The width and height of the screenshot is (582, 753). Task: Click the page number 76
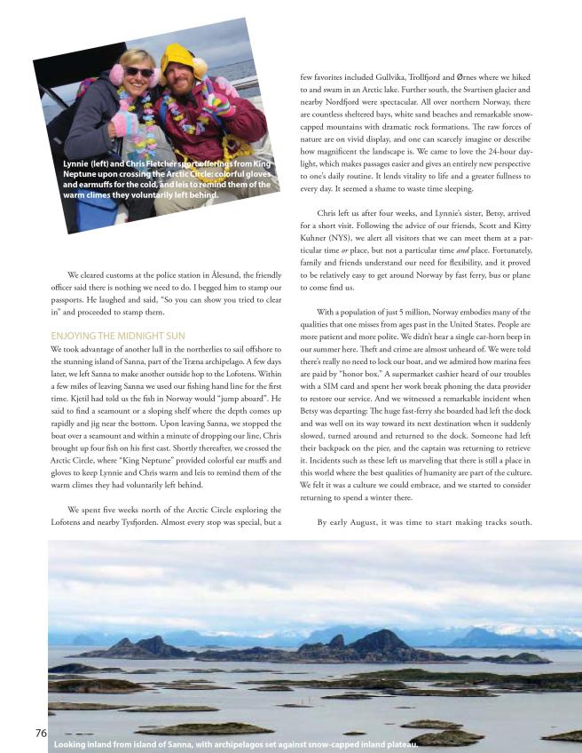[x=41, y=733]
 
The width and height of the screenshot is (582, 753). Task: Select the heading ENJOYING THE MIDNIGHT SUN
[x=118, y=336]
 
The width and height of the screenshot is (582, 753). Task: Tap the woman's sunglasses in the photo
[x=138, y=71]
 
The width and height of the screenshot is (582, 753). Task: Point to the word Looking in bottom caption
[x=74, y=743]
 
